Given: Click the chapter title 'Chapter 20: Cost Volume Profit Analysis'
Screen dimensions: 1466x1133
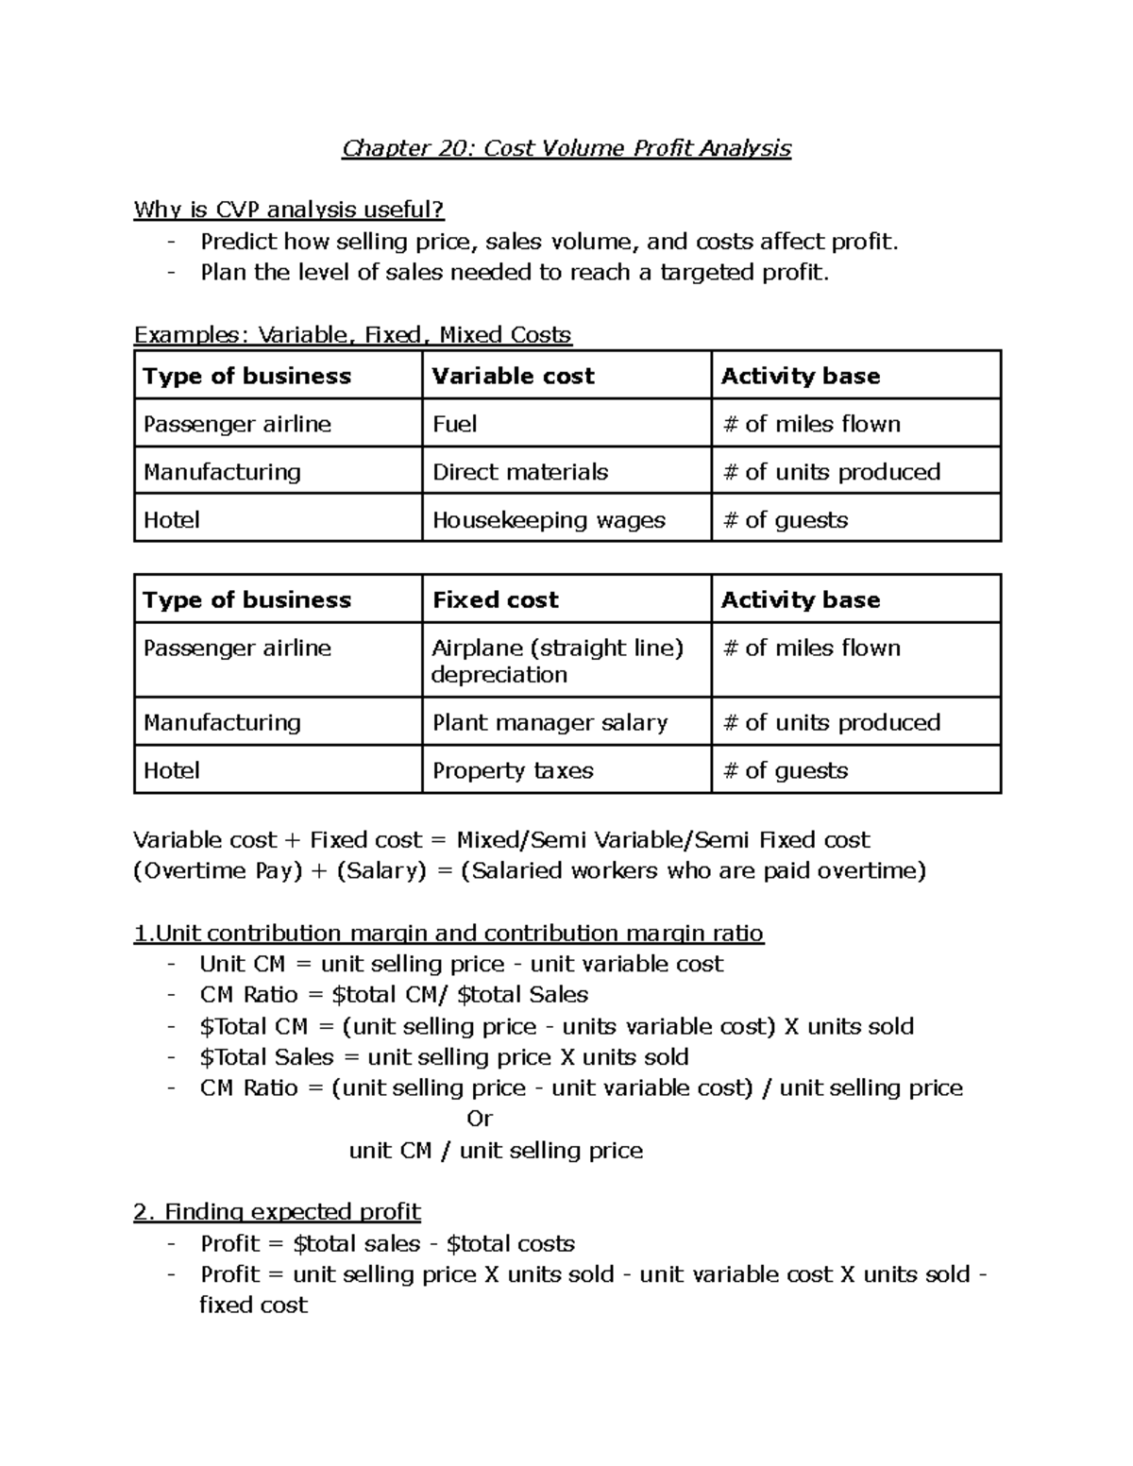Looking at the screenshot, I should (x=566, y=148).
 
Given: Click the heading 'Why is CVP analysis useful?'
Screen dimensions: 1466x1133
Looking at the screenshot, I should (x=288, y=210).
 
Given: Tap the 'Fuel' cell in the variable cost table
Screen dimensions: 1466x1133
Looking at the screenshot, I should (x=454, y=424).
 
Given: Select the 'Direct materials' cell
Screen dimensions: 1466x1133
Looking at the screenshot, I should (x=520, y=472).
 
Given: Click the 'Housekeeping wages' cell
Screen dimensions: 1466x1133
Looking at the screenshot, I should (x=549, y=520).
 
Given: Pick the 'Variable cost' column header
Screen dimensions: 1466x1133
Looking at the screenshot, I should (x=513, y=376).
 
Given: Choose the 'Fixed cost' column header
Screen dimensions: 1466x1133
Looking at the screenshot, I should (x=495, y=599).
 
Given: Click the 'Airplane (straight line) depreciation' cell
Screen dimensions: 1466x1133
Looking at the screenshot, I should (x=557, y=661).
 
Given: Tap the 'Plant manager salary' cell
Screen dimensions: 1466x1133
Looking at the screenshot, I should (x=550, y=722).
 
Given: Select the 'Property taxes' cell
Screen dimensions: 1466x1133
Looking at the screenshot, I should (x=513, y=770).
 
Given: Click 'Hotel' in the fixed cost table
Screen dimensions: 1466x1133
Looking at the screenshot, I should (x=171, y=770).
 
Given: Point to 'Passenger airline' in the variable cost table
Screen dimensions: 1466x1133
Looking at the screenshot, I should (x=237, y=424).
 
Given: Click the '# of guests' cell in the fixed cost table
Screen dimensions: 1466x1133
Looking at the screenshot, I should (x=785, y=770).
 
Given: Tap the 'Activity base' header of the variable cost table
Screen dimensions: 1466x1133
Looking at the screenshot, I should (x=800, y=376).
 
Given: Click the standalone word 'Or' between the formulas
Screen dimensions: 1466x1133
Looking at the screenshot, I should (x=480, y=1119).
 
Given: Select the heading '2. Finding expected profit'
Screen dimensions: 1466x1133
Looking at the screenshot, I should (x=277, y=1211).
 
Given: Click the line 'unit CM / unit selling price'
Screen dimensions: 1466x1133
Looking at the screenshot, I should (x=496, y=1150).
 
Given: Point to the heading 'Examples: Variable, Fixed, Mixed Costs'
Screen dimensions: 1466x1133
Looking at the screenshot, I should (x=352, y=335).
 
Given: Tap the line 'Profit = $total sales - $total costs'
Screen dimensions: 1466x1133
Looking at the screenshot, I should (x=387, y=1243).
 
